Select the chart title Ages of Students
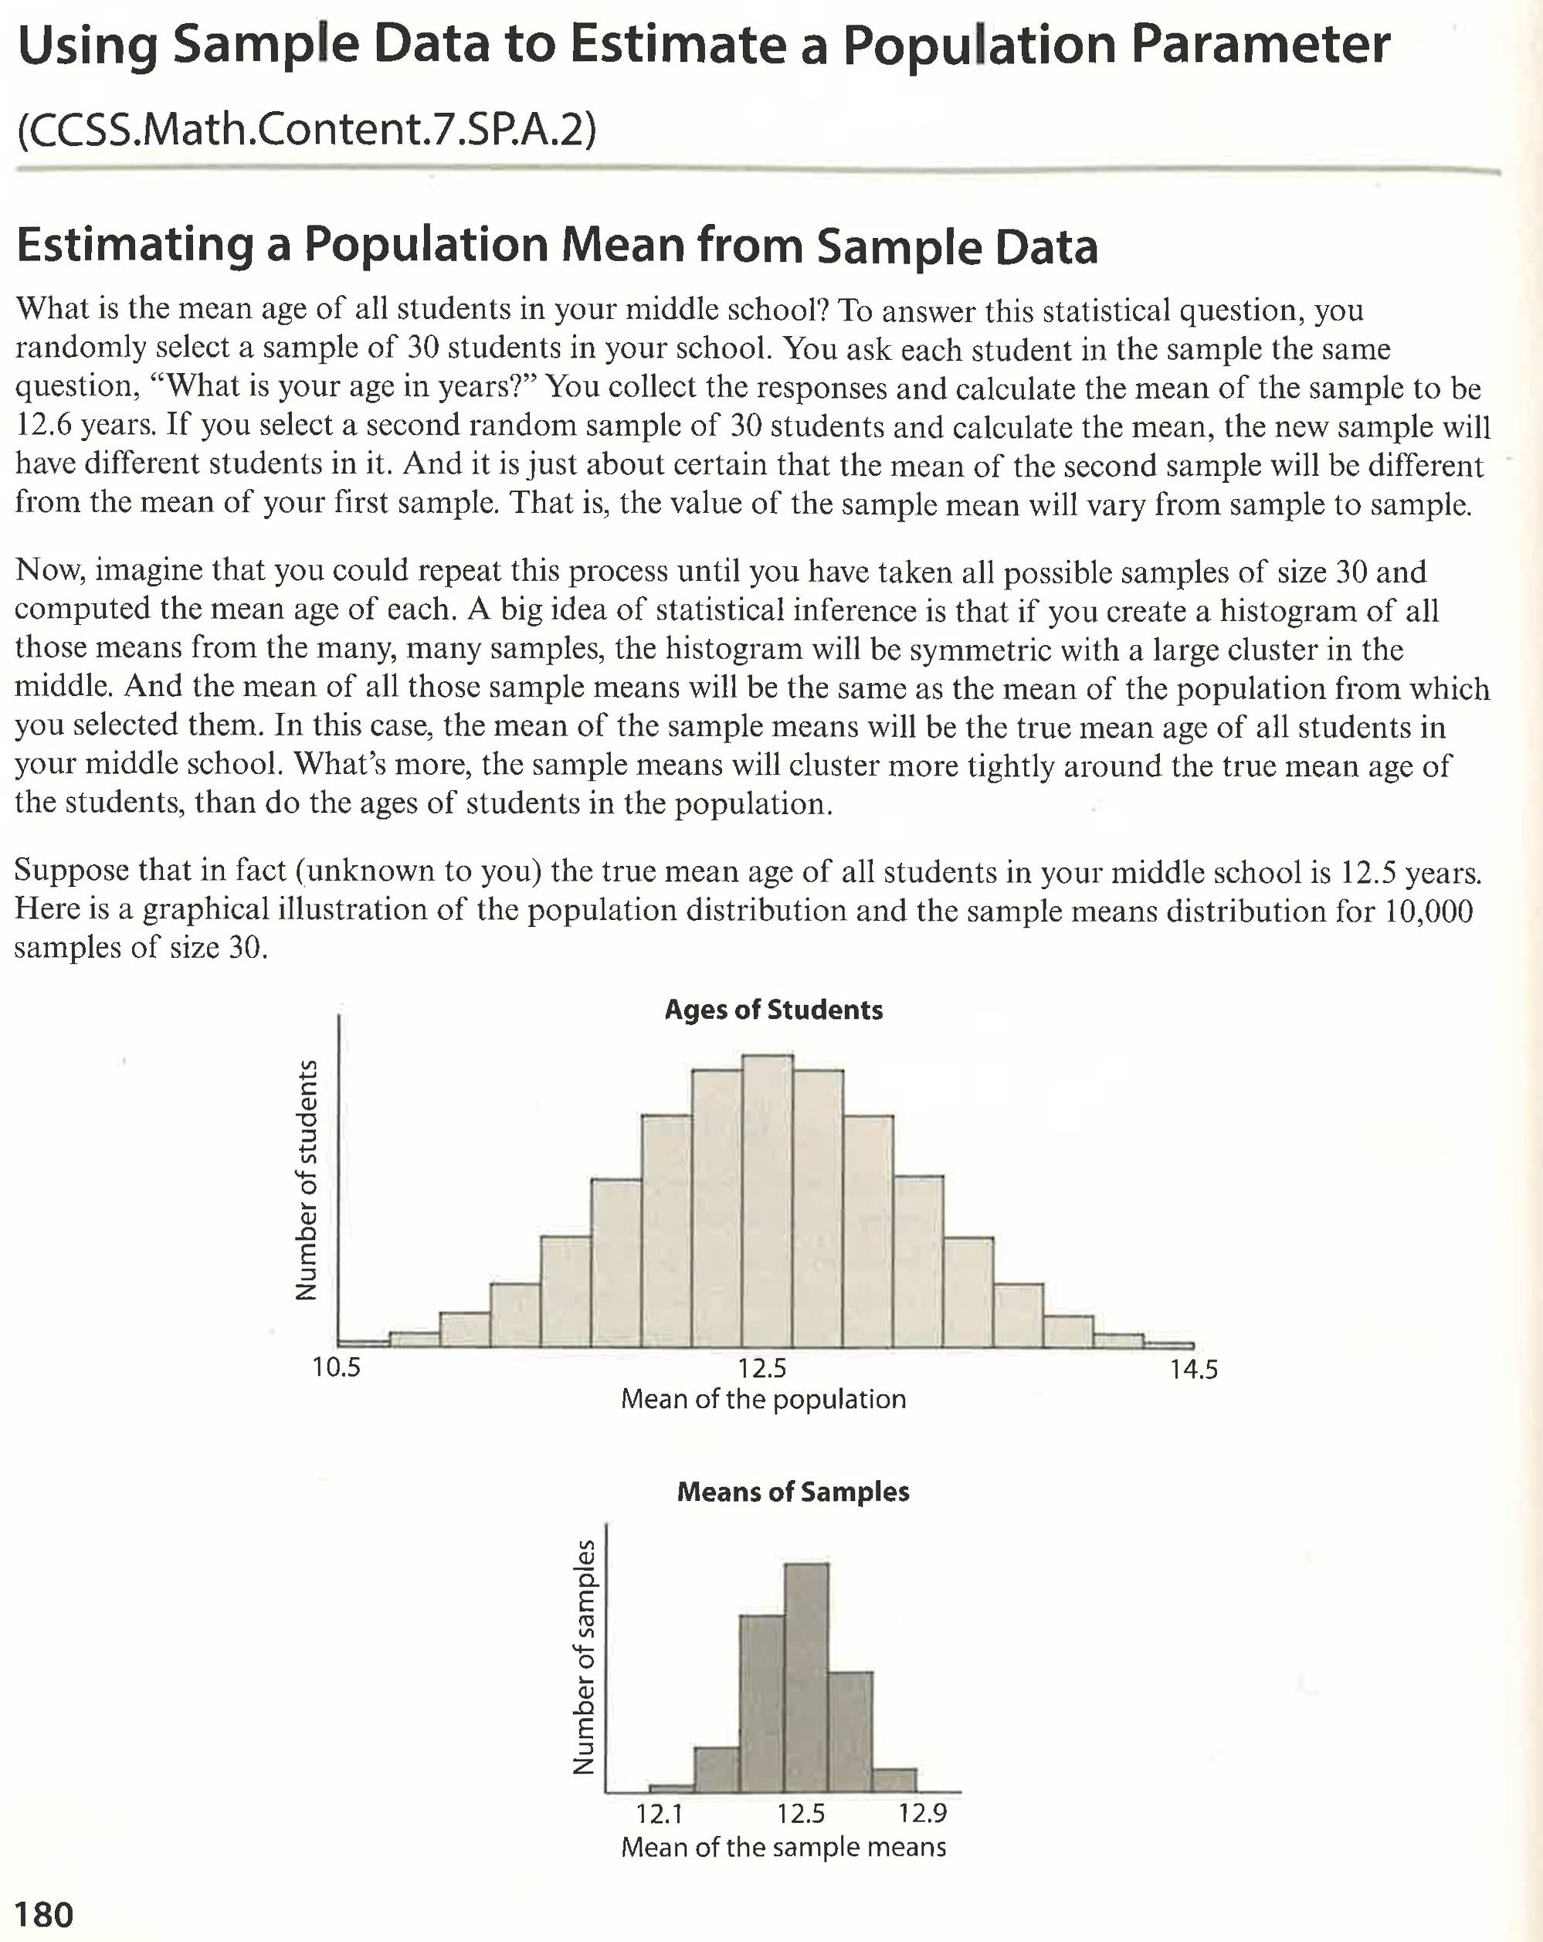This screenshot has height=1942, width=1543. (773, 1010)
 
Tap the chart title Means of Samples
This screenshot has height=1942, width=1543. (792, 1492)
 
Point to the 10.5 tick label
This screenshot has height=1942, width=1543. (336, 1368)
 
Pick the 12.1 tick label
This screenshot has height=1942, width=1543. (660, 1813)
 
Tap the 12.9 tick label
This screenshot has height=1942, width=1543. (922, 1812)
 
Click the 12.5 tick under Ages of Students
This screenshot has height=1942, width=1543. (762, 1369)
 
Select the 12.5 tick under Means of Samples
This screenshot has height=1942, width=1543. (801, 1813)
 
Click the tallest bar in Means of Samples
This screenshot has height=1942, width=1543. (806, 1685)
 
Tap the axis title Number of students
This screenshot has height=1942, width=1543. (308, 1180)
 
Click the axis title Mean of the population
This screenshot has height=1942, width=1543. (763, 1400)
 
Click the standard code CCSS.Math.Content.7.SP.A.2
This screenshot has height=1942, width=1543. (307, 130)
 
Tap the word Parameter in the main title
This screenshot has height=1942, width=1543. (1260, 45)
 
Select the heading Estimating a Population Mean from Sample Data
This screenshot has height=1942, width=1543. (557, 245)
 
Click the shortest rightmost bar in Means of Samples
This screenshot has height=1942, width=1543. (894, 1780)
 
